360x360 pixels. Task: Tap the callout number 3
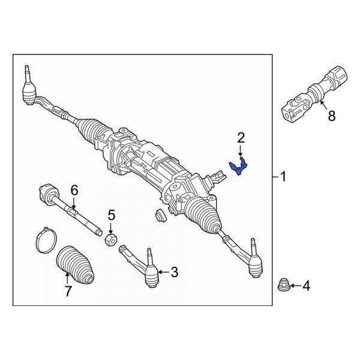click(x=175, y=272)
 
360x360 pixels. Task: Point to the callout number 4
click(x=307, y=287)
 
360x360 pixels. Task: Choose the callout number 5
click(x=110, y=215)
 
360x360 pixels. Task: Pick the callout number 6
click(x=74, y=190)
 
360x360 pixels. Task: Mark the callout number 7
click(x=68, y=292)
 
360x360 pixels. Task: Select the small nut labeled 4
click(x=284, y=283)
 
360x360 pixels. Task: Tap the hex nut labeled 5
click(x=110, y=239)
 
